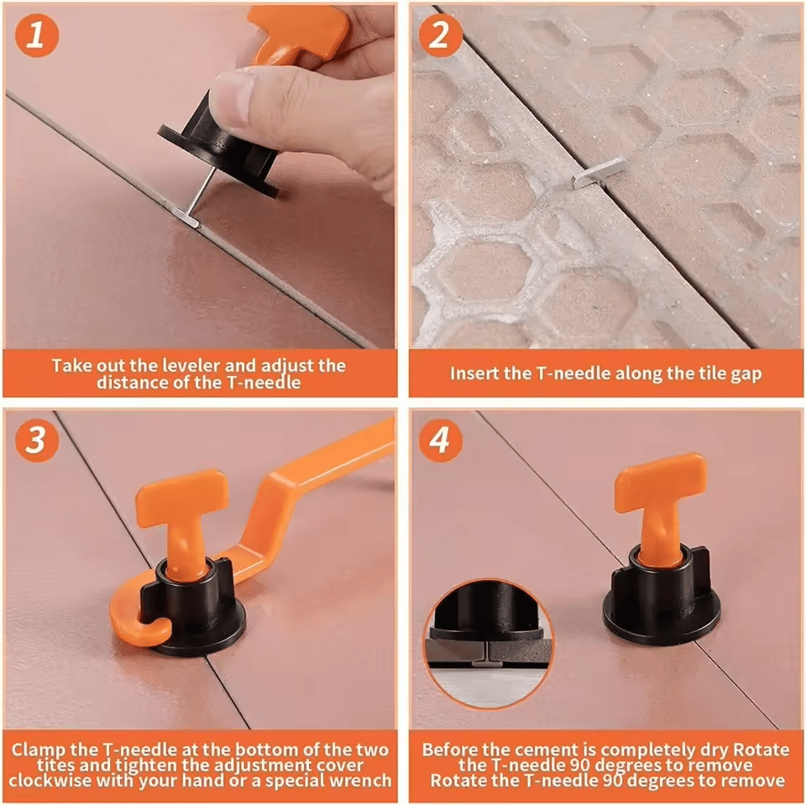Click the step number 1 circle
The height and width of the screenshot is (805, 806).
[35, 35]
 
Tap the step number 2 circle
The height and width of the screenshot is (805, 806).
[442, 35]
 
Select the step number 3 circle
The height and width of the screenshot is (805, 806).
[35, 441]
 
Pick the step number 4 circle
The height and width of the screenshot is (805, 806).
[442, 441]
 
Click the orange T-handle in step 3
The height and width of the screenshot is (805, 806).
[181, 512]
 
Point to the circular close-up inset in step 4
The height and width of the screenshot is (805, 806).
[489, 639]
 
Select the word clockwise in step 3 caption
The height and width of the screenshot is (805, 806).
[54, 781]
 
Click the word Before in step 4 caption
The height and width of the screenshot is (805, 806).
[450, 748]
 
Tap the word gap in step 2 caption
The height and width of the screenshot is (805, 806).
[745, 374]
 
